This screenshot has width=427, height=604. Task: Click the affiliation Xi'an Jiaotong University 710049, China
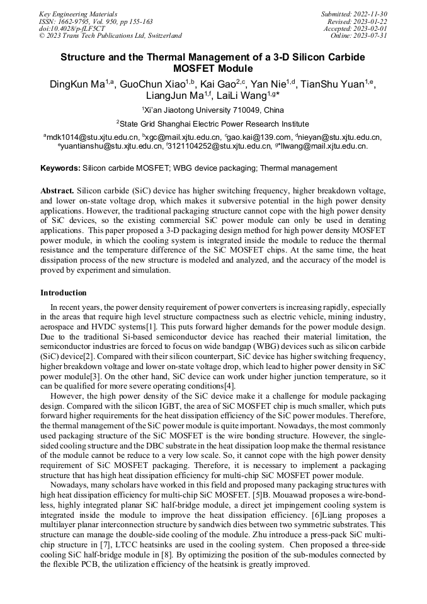click(214, 110)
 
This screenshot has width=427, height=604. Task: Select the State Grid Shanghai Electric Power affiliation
click(214, 124)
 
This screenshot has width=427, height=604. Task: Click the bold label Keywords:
click(60, 168)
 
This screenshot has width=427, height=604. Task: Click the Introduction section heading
click(64, 293)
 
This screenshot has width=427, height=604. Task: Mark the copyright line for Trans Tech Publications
click(110, 36)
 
